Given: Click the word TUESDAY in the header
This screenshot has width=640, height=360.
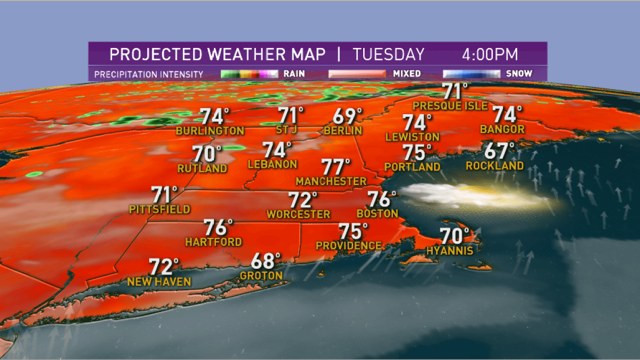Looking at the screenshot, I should tap(388, 55).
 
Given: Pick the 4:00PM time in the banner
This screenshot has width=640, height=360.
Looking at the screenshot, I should tap(490, 55).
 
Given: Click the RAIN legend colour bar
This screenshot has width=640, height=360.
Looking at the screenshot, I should tap(249, 74).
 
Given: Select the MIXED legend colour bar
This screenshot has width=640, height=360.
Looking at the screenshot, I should tap(357, 74).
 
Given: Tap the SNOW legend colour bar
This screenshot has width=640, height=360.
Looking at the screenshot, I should tap(471, 74).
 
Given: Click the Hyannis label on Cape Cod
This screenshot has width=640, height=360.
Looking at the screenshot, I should tap(450, 250).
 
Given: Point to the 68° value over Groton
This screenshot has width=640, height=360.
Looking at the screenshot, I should tap(266, 261).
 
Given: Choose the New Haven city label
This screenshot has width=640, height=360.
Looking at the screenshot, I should tap(159, 282).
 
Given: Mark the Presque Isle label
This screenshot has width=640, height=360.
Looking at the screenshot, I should tap(450, 106).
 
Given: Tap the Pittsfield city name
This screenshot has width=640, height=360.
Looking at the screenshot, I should tap(159, 210).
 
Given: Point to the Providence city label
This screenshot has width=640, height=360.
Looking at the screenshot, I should tap(349, 245).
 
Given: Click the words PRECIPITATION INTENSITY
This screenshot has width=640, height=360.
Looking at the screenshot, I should tap(149, 74).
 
